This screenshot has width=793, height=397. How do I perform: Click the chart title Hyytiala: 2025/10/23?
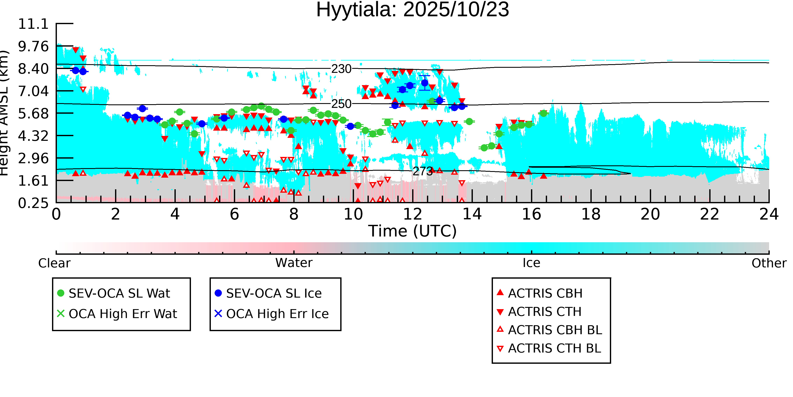pyautogui.click(x=413, y=10)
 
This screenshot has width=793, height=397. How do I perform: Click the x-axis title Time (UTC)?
pyautogui.click(x=413, y=231)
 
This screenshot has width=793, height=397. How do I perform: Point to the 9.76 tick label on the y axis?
pyautogui.click(x=33, y=47)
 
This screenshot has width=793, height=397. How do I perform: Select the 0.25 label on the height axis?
pyautogui.click(x=33, y=203)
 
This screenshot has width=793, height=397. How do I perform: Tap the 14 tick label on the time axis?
pyautogui.click(x=472, y=214)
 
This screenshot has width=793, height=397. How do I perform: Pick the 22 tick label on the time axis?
pyautogui.click(x=709, y=214)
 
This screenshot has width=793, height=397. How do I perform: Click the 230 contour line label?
pyautogui.click(x=341, y=69)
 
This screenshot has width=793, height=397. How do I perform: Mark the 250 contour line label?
pyautogui.click(x=341, y=104)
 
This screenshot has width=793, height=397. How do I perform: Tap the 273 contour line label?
pyautogui.click(x=423, y=171)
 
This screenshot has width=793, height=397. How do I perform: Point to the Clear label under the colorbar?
pyautogui.click(x=54, y=263)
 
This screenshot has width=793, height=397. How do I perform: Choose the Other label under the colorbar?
pyautogui.click(x=769, y=263)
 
